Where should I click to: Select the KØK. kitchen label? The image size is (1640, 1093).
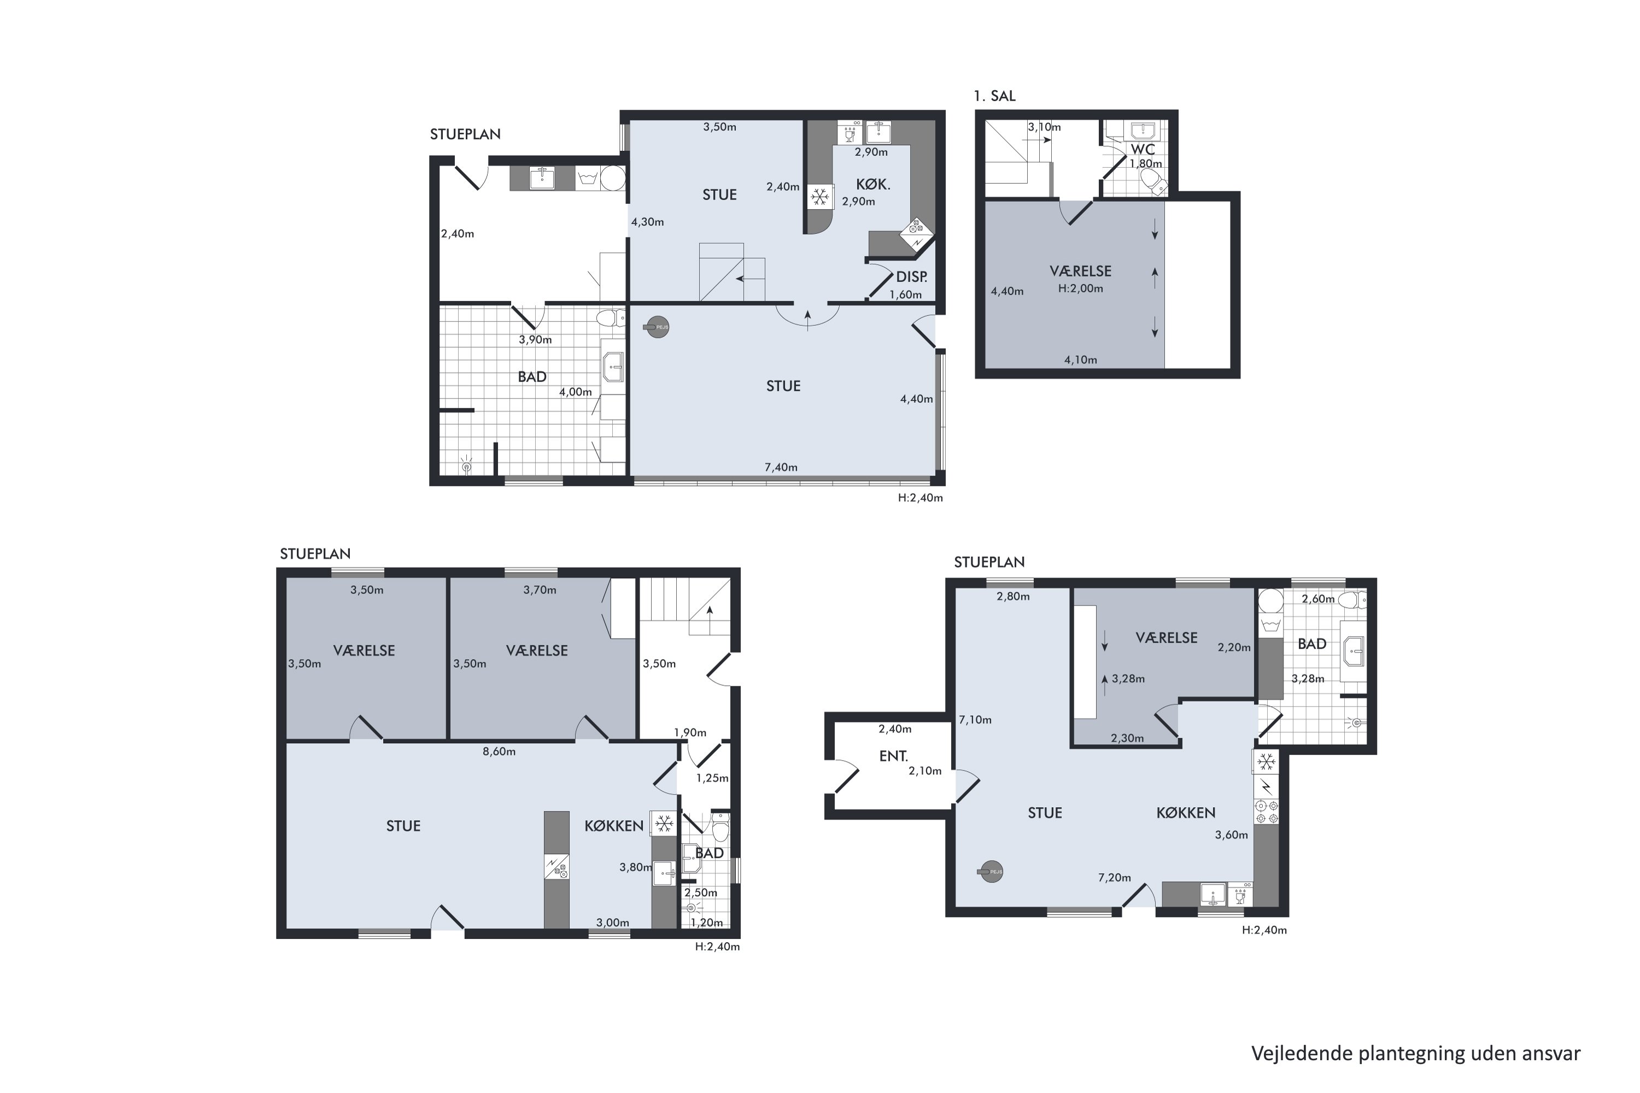pos(873,185)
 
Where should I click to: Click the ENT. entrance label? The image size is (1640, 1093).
pos(894,756)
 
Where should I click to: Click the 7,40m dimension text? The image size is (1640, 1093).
pos(781,468)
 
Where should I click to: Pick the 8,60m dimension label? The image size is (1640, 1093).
pos(499,752)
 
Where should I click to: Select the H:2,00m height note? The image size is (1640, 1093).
pos(1081,289)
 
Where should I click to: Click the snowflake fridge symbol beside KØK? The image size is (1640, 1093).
pos(820,197)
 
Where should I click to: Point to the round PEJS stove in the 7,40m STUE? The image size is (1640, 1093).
pos(655,327)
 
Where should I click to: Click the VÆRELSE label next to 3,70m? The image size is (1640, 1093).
pos(537,651)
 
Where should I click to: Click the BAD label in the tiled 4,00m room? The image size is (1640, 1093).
pos(532,377)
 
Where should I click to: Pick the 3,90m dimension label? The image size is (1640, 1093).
pos(536,340)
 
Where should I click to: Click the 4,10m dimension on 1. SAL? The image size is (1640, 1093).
pos(1081,360)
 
